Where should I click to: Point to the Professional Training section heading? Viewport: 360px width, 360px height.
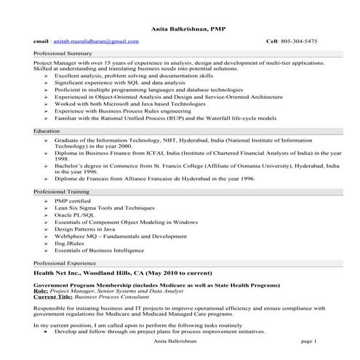tap(63, 191)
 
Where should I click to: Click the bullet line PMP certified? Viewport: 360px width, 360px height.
tap(72, 199)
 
